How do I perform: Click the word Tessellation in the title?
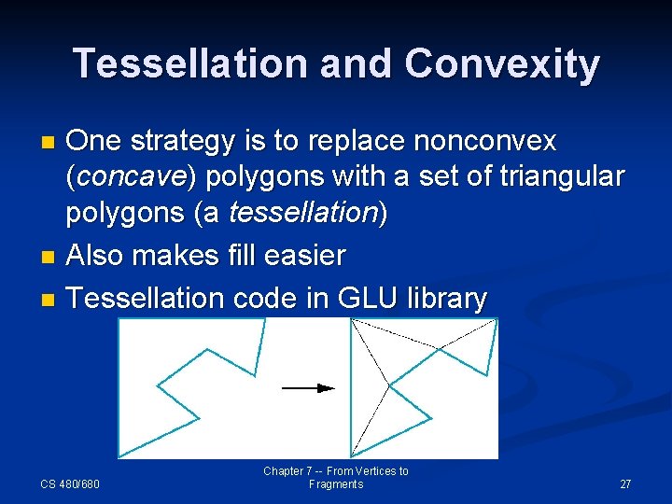pos(190,64)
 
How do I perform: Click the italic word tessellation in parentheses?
pos(301,213)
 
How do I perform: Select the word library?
pos(447,298)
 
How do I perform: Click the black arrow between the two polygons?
pos(308,387)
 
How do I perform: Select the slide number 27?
pos(625,484)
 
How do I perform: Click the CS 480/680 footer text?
pos(70,484)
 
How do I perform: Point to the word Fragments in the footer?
pos(335,484)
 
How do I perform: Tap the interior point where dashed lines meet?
pos(387,384)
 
